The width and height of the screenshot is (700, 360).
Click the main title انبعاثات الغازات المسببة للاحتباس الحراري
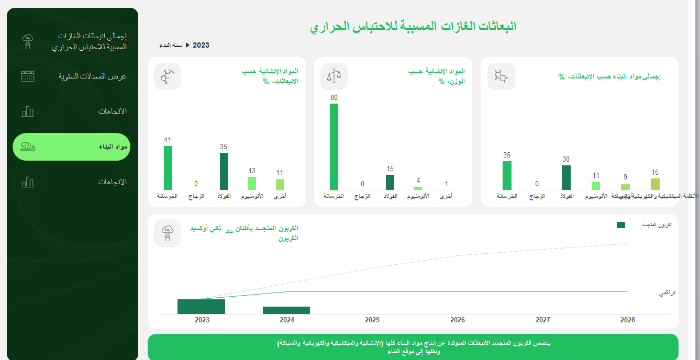[413, 26]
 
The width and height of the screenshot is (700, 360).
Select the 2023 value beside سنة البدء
[201, 46]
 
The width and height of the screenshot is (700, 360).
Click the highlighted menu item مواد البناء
[71, 147]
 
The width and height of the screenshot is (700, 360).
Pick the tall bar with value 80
[334, 147]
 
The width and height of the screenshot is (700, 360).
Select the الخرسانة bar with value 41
[168, 168]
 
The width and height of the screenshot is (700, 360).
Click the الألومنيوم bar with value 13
[252, 183]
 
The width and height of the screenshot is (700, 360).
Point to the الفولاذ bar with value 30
[566, 177]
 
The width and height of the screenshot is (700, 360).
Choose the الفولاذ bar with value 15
[390, 182]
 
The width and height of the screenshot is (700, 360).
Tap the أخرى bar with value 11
[280, 184]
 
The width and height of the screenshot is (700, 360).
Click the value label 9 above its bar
[625, 177]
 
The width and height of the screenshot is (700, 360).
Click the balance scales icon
[334, 76]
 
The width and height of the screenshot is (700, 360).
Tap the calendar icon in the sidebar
[28, 76]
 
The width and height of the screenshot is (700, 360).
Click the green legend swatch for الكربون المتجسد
[621, 225]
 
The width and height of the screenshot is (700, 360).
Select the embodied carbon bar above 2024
[286, 310]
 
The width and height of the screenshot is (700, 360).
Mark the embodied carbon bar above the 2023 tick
[201, 307]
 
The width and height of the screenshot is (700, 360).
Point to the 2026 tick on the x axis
[458, 320]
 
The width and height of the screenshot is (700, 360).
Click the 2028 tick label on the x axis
[627, 320]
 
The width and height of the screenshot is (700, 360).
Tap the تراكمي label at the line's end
[666, 294]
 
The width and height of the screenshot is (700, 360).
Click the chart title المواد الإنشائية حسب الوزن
[437, 76]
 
